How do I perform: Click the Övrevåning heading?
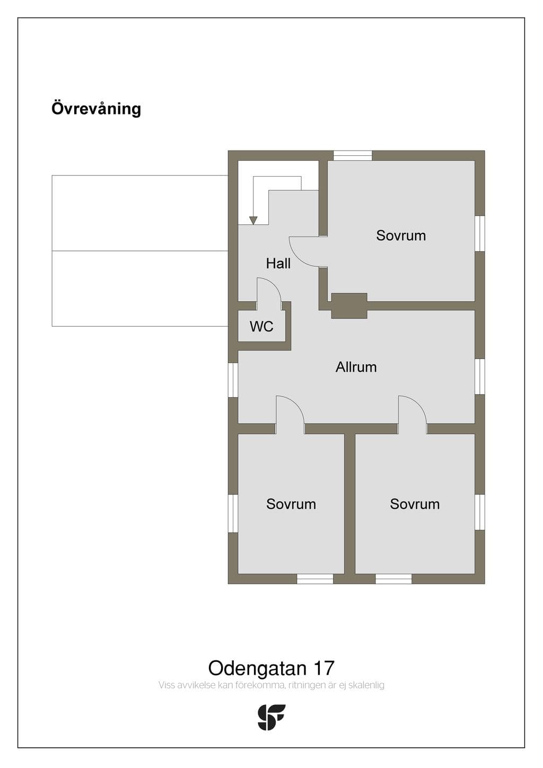point(97,109)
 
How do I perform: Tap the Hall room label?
point(278,263)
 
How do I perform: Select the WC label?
point(261,326)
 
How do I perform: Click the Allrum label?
point(356,367)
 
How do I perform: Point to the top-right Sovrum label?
point(401,235)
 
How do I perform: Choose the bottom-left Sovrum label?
point(291,504)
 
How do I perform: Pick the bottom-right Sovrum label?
point(415,504)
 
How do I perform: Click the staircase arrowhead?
point(253,220)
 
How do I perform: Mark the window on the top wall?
point(353,155)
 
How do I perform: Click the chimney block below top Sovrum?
point(349,306)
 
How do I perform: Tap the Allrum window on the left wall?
point(233,380)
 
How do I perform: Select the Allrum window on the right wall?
point(479,377)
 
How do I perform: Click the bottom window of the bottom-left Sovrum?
point(314,579)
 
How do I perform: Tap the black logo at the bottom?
point(271,717)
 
